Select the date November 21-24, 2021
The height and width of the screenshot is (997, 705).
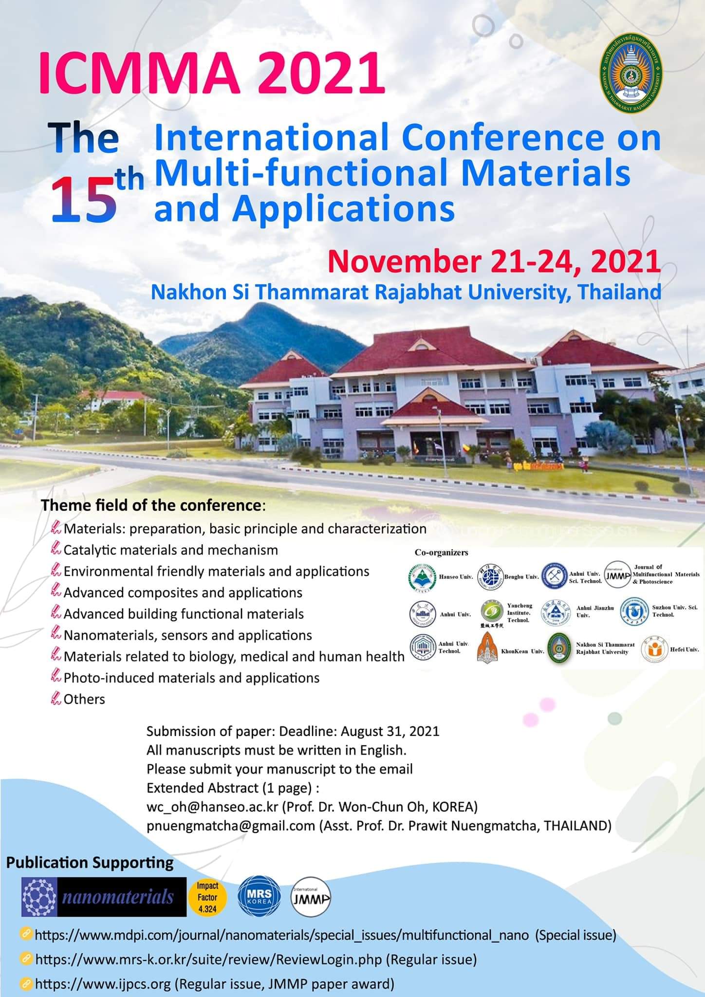click(x=494, y=261)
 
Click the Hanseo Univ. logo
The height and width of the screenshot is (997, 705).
click(x=419, y=577)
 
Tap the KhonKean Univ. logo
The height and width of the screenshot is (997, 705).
click(x=487, y=648)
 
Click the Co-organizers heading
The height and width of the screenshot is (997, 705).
click(x=441, y=552)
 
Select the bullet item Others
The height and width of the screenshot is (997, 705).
click(x=84, y=699)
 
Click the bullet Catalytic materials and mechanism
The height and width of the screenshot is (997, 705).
click(x=170, y=550)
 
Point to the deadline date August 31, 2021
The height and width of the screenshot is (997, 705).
click(x=390, y=731)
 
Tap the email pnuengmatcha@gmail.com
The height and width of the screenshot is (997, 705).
click(x=231, y=826)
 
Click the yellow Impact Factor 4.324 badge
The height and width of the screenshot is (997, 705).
click(x=207, y=897)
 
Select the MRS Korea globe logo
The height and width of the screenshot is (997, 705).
click(x=259, y=897)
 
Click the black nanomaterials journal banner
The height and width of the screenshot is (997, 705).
click(x=104, y=897)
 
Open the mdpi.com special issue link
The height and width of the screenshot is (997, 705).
click(x=282, y=935)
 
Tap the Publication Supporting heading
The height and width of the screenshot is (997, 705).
click(x=90, y=863)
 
